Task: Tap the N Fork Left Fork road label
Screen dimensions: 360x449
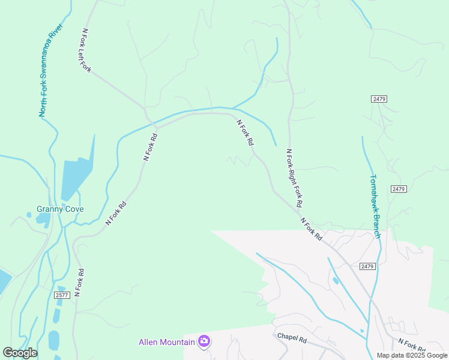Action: [x=86, y=50]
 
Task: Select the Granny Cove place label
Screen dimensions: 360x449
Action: [x=60, y=209]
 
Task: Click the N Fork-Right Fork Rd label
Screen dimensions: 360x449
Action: [x=294, y=179]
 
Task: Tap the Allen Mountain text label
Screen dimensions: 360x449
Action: [x=167, y=342]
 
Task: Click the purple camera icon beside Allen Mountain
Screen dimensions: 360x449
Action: [x=204, y=341]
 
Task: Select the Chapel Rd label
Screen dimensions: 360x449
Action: [x=292, y=338]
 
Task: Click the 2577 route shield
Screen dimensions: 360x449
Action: [x=62, y=295]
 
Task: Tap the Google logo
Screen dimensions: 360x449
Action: [x=20, y=353]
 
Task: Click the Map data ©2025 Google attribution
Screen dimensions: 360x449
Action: [x=412, y=355]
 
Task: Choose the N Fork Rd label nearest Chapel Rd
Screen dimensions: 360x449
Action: [x=412, y=346]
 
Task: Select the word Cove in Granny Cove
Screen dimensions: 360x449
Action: [x=74, y=209]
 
